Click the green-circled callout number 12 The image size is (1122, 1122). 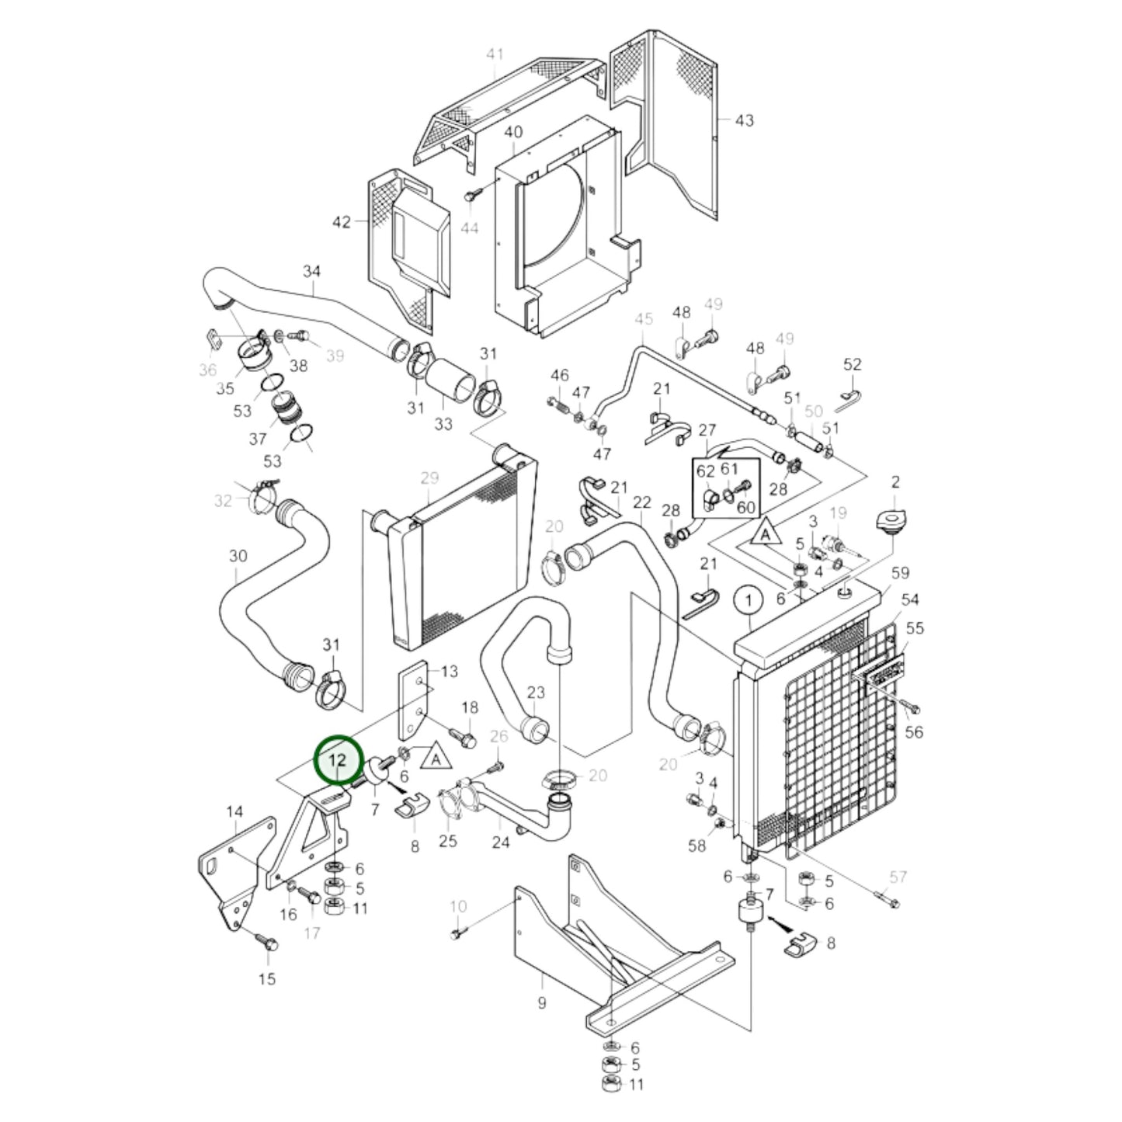[339, 760]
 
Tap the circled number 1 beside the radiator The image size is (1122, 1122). [749, 600]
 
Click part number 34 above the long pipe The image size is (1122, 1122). [311, 272]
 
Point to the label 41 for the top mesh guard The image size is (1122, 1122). [495, 54]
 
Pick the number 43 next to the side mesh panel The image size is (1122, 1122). [744, 120]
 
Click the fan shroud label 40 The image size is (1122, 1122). [513, 132]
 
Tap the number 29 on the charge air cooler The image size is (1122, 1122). [429, 478]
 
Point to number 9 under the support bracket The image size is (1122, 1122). [541, 1002]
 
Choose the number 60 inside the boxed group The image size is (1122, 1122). [745, 507]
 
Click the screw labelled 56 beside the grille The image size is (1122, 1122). [912, 708]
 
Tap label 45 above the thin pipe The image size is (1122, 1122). [644, 319]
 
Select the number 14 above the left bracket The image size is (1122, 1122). [234, 811]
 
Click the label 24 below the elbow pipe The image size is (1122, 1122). [501, 842]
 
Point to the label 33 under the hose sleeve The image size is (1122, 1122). [443, 424]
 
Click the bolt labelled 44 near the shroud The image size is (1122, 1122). [471, 196]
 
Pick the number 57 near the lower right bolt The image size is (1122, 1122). [898, 877]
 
